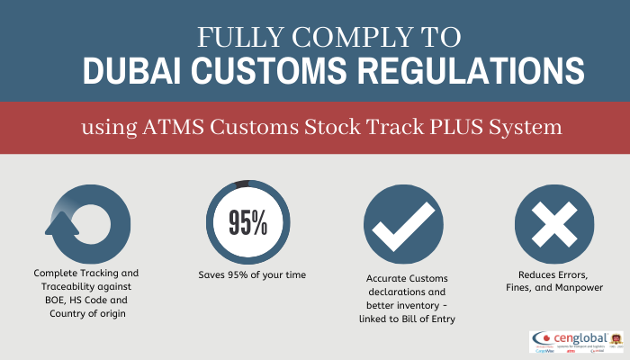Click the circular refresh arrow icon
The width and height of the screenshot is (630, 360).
click(88, 223)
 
